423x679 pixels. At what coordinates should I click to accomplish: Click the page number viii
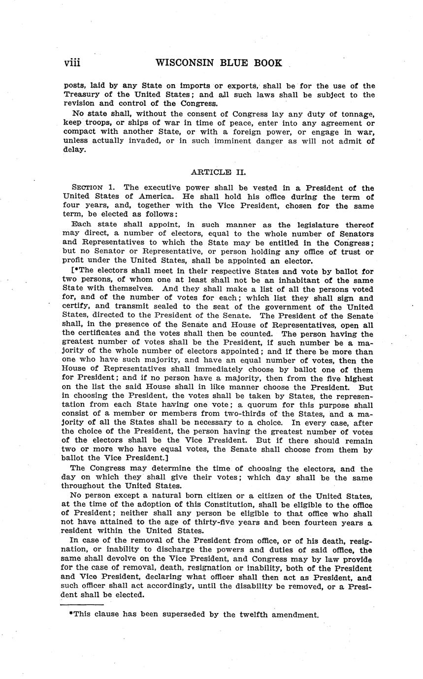click(72, 63)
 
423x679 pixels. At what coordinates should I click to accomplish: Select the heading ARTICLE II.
click(218, 172)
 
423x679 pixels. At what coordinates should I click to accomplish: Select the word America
click(151, 196)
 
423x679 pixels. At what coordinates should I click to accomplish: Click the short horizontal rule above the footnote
click(82, 605)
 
